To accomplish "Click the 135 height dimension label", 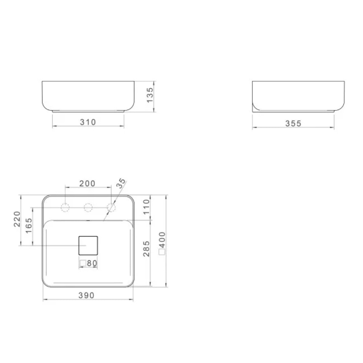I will point(150,94).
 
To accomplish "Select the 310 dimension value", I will point(88,122).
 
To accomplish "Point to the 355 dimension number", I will point(293,124).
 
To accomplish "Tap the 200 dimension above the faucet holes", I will point(87,184).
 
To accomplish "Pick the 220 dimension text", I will point(17,220).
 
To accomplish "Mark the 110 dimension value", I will point(146,207).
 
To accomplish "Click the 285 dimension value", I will point(146,249).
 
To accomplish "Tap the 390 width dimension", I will point(86,296).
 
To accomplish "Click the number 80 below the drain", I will point(91,263).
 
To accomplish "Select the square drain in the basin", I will point(88,245).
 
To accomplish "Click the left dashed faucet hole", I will point(65,208).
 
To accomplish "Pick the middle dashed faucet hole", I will point(88,208).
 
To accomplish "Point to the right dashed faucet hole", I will point(111,208).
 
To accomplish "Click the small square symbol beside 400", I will point(162,251).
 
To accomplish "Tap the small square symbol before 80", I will point(83,263).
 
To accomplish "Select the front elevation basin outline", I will point(88,96).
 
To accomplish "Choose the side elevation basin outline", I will point(298,96).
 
